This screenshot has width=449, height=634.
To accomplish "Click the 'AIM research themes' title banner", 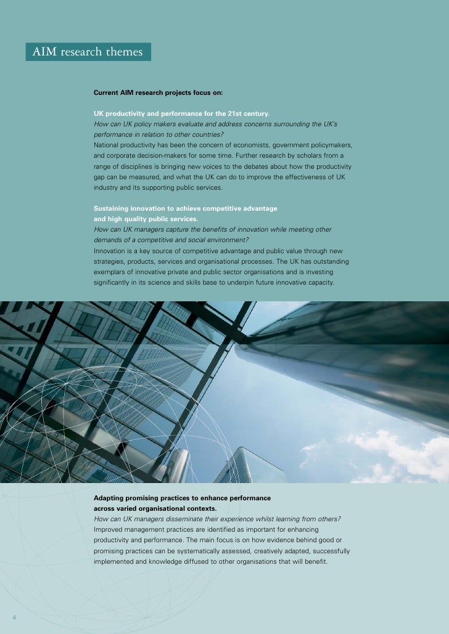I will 88,52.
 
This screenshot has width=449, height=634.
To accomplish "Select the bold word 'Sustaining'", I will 112,208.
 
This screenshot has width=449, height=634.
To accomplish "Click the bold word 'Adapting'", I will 110,497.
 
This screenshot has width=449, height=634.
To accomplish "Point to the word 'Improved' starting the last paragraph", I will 109,529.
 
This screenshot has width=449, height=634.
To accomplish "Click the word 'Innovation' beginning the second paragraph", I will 111,251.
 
